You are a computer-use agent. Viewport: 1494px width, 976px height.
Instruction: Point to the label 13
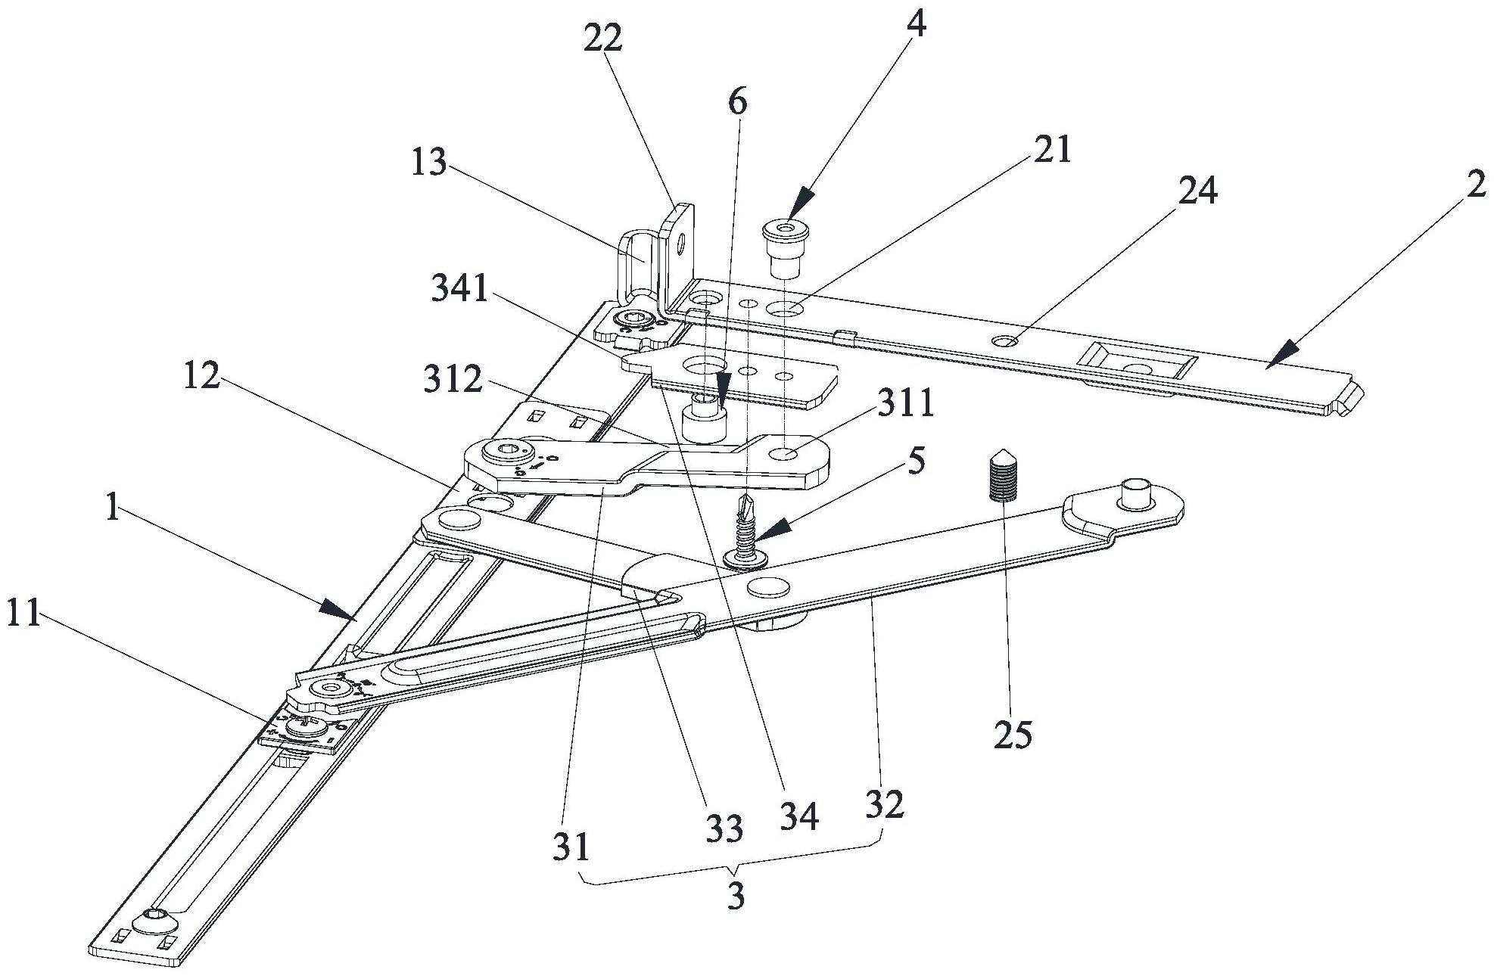click(x=429, y=163)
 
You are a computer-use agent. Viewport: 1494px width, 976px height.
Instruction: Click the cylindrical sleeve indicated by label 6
click(x=704, y=421)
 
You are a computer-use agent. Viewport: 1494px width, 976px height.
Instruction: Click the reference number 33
click(x=724, y=830)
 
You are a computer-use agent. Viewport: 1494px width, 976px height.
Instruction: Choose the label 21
click(x=1053, y=149)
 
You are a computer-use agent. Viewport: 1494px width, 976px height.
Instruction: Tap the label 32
click(x=885, y=805)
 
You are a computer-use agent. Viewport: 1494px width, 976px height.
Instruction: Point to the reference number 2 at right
click(x=1474, y=186)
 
